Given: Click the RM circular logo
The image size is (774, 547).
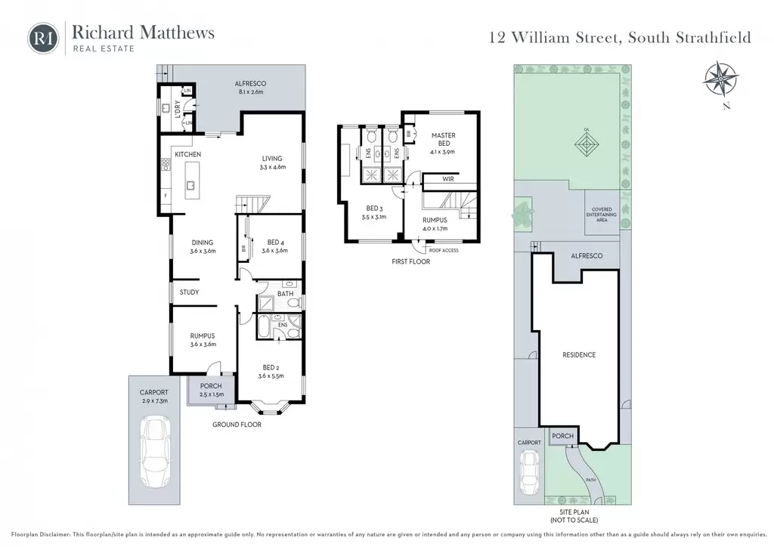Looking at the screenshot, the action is (43, 38).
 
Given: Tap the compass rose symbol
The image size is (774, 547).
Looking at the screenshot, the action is (721, 79).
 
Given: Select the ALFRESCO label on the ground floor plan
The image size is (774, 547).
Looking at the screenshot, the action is (250, 84).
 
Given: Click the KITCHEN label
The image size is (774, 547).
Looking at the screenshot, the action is (187, 154).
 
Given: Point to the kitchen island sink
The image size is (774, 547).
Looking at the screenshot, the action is (190, 185).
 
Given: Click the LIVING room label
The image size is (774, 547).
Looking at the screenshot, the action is (272, 159).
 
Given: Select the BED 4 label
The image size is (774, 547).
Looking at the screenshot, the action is (276, 243).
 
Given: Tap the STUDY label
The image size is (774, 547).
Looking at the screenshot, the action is (189, 292).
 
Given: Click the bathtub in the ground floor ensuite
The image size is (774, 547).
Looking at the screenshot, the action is (264, 326).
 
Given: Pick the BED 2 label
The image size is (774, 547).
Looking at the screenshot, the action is (271, 367).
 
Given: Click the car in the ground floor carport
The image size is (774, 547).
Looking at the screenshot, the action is (154, 452).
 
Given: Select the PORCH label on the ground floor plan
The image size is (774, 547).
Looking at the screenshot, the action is (211, 386).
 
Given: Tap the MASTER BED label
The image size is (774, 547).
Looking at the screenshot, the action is (443, 139).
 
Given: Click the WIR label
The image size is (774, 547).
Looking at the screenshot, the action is (447, 179).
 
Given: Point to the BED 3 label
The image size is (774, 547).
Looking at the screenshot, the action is (374, 208).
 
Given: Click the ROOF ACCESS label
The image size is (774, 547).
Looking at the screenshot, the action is (444, 251).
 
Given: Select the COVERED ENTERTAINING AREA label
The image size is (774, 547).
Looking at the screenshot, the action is (602, 215).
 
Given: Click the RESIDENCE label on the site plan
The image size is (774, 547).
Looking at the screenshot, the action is (579, 354).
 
